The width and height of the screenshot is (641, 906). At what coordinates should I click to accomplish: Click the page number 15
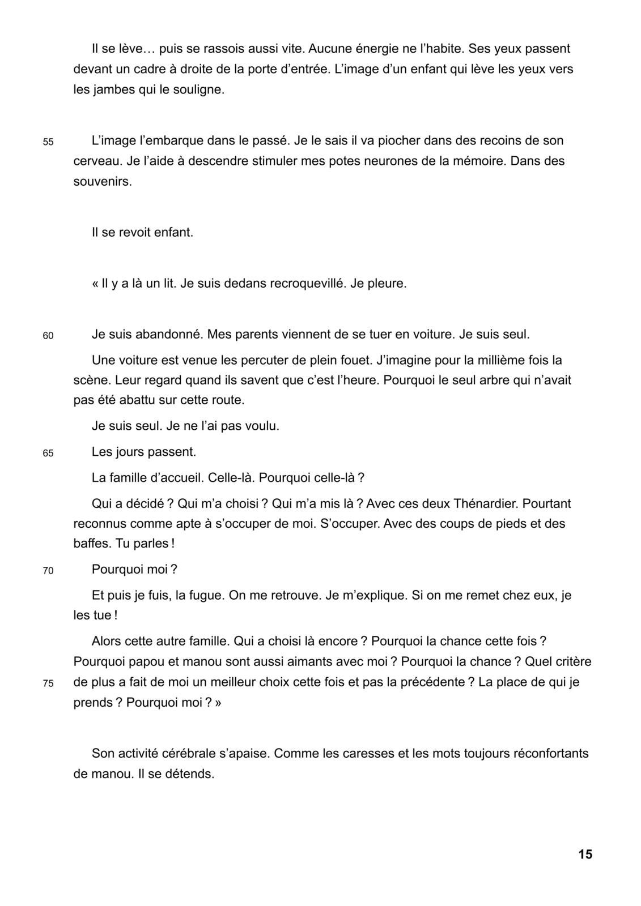tap(585, 854)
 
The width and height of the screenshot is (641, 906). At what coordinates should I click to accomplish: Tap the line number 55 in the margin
tap(48, 142)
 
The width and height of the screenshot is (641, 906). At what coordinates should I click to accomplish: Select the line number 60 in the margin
tap(48, 336)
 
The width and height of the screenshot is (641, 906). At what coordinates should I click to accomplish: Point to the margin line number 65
tap(48, 454)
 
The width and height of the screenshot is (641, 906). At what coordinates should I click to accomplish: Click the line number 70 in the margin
tap(48, 571)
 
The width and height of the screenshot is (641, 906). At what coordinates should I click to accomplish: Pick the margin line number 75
tap(48, 683)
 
